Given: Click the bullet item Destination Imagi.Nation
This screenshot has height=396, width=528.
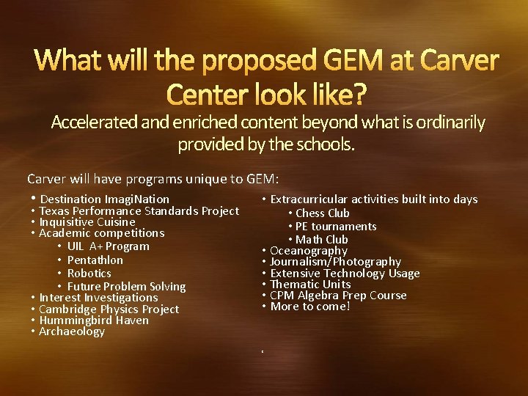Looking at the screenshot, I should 105,199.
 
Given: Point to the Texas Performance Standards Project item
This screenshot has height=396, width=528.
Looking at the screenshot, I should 139,211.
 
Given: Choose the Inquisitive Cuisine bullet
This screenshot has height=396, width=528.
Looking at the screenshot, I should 87,221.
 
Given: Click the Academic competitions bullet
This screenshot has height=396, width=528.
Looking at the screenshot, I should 102,233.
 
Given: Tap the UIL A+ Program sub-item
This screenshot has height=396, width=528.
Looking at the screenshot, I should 108,246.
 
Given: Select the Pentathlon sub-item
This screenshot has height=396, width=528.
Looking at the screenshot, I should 95,260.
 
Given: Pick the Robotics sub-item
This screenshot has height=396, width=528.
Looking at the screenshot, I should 89,273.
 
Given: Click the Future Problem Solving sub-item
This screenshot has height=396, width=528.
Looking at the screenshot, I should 126,286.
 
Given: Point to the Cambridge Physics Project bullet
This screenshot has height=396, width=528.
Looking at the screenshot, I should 109,309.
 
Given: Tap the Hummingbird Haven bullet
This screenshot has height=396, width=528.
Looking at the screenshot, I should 94,320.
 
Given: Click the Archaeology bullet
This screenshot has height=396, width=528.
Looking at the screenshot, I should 72,331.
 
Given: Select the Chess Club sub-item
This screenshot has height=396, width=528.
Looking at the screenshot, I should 323,213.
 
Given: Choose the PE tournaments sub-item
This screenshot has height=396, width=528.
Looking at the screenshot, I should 336,227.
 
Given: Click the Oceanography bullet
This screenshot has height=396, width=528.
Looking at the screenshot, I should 309,251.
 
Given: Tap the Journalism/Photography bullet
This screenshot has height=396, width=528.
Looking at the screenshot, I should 336,262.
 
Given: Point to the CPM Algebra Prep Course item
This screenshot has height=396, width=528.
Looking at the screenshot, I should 338,296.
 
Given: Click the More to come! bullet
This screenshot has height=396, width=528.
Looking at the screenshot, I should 310,307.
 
